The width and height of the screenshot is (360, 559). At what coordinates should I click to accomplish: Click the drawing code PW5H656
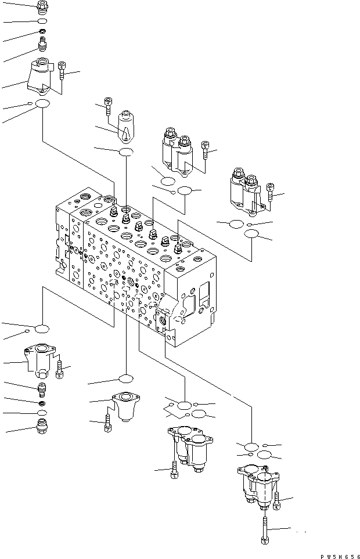coord(339,553)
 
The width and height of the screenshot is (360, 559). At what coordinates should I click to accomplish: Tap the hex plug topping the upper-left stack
coord(42,7)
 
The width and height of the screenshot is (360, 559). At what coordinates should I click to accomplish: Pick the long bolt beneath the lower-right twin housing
coord(265,529)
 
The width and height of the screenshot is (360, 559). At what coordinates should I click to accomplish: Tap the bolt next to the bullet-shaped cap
coord(108,105)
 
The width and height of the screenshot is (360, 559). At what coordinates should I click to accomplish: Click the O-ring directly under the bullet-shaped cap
coord(125,152)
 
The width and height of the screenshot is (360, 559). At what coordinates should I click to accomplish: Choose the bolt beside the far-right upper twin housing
coord(271,193)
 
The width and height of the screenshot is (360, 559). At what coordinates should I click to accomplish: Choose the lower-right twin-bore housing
coord(258,487)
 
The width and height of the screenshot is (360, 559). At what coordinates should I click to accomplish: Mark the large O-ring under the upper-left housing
coord(42,104)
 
